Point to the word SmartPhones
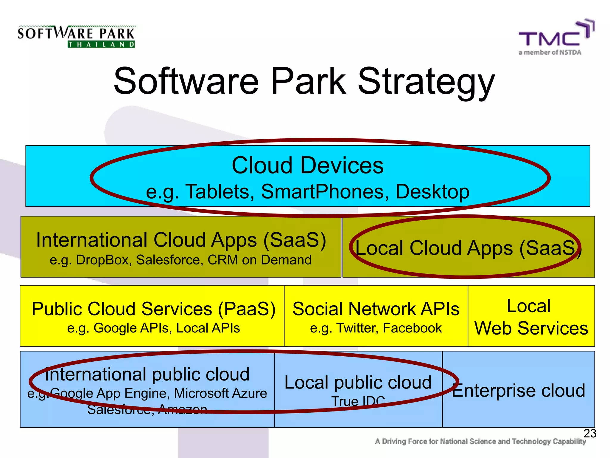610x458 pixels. (x=325, y=191)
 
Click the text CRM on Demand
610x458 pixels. (x=259, y=260)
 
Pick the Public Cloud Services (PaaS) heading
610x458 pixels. (x=153, y=309)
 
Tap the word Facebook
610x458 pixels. (x=412, y=328)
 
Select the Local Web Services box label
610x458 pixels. (x=531, y=318)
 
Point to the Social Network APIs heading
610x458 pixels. (x=376, y=309)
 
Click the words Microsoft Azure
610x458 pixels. (x=220, y=393)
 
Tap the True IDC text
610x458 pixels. (x=358, y=401)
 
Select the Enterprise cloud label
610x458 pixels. (x=518, y=391)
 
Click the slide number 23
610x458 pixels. (x=589, y=433)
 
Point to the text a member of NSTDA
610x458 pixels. (x=550, y=52)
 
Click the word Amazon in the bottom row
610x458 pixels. (x=183, y=409)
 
